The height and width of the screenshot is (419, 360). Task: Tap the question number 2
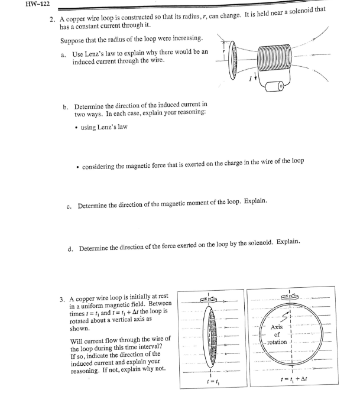(52, 21)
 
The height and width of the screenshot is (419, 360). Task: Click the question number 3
(62, 300)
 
